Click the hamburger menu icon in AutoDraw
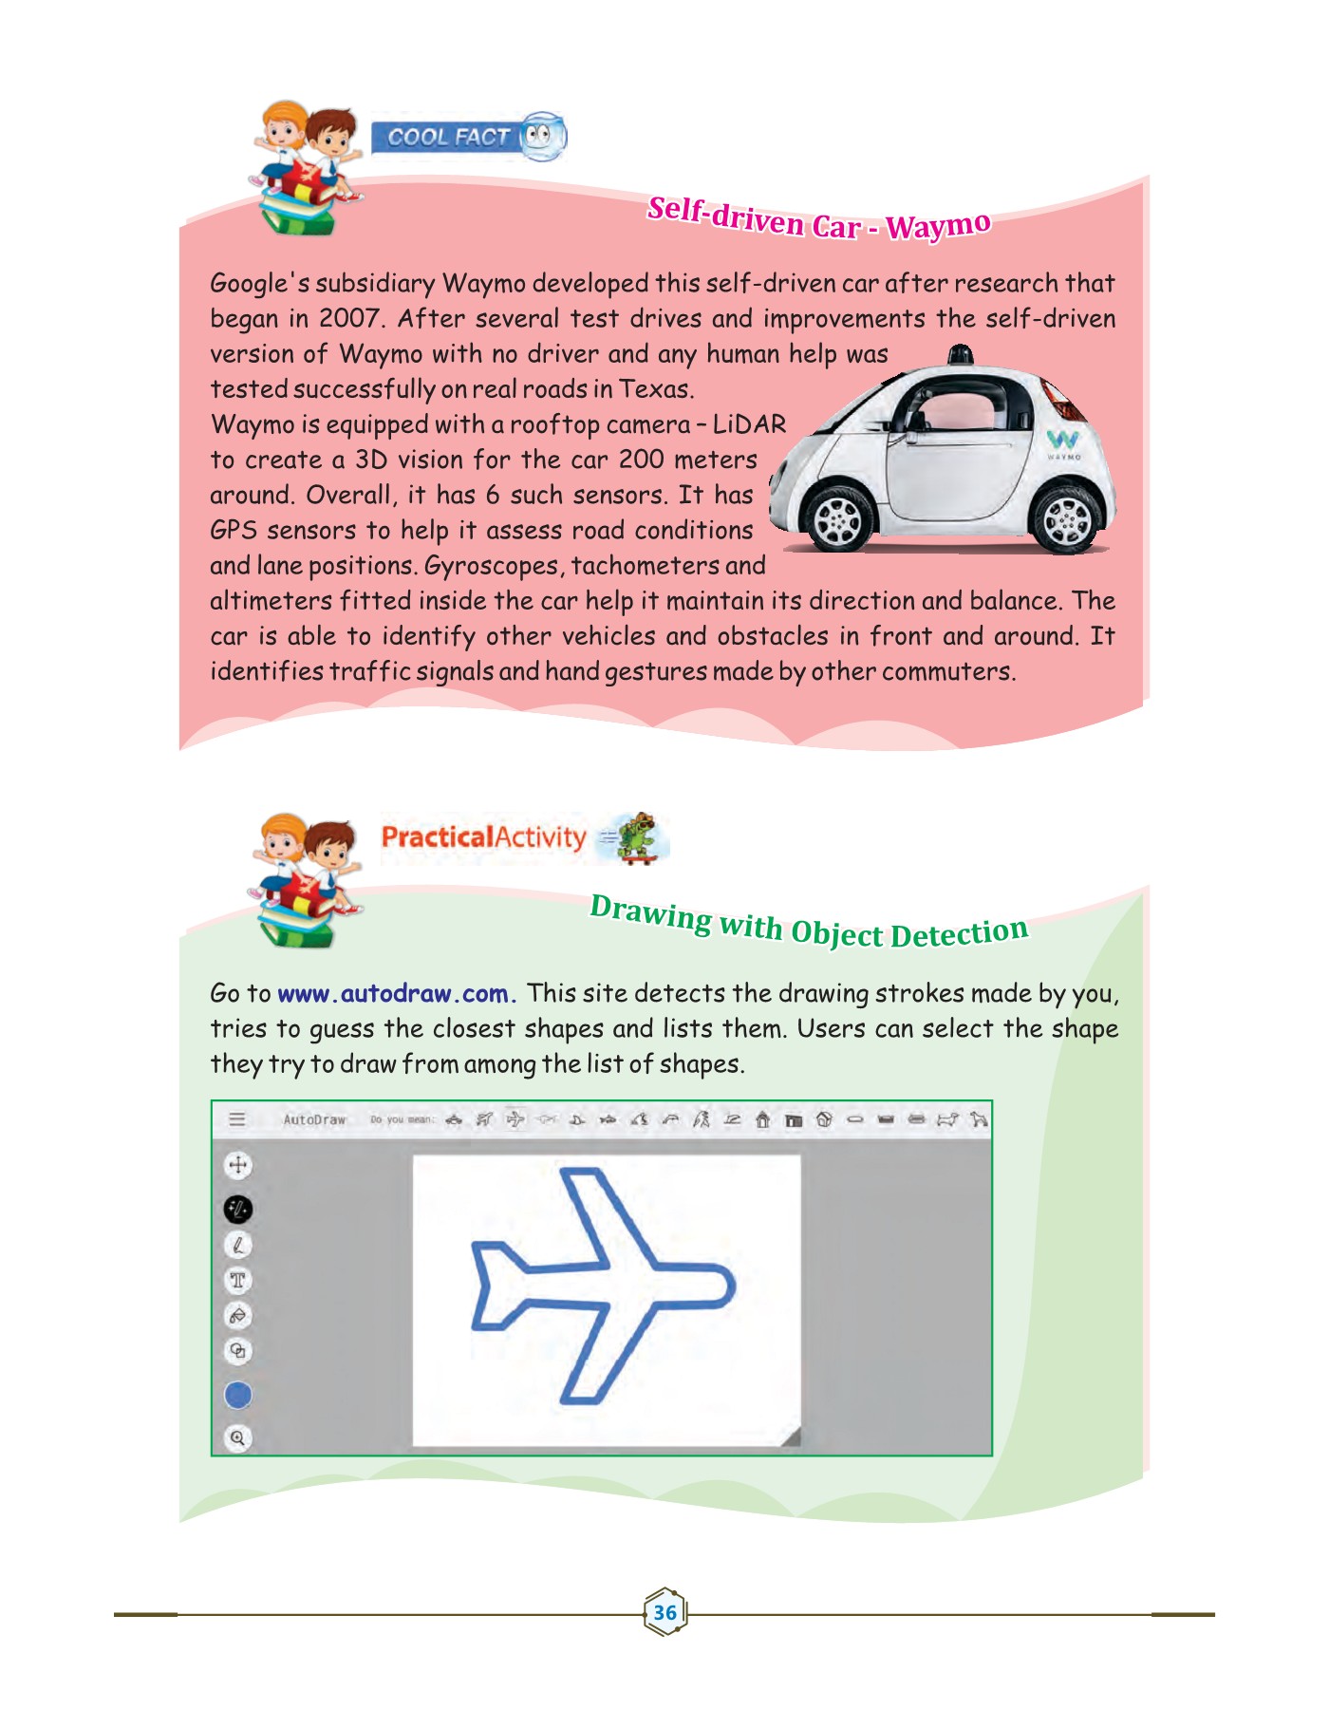click(237, 1119)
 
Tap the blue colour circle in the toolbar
click(237, 1395)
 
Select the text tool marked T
click(237, 1280)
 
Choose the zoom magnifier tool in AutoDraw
click(237, 1438)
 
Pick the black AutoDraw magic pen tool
click(237, 1209)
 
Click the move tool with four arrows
click(237, 1165)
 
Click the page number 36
click(664, 1612)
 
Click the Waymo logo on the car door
click(1063, 442)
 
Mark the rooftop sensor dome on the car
click(961, 356)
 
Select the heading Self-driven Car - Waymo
click(818, 222)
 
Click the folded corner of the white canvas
click(791, 1437)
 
